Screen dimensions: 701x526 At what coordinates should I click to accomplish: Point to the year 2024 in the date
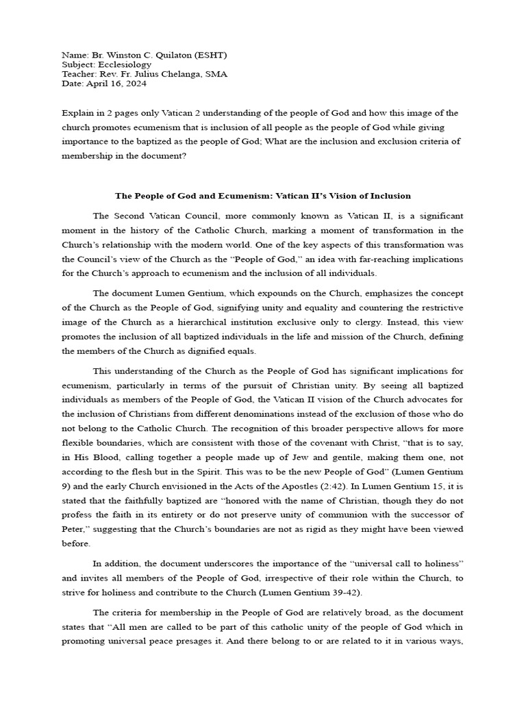click(134, 84)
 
